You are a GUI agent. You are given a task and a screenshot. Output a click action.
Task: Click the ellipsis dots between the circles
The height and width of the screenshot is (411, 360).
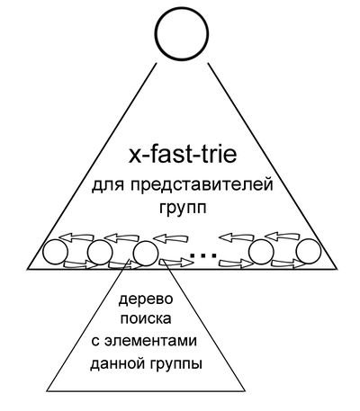pyautogui.click(x=203, y=255)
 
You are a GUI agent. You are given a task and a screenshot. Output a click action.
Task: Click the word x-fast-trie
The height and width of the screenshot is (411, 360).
pyautogui.click(x=183, y=156)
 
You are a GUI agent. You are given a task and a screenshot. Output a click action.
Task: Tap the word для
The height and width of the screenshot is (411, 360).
pyautogui.click(x=107, y=185)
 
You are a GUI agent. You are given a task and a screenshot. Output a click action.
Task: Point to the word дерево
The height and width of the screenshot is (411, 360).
pyautogui.click(x=146, y=299)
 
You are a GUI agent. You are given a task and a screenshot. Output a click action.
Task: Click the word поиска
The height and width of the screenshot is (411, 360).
pyautogui.click(x=146, y=319)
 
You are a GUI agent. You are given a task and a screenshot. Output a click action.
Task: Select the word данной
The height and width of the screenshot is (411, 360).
pyautogui.click(x=116, y=364)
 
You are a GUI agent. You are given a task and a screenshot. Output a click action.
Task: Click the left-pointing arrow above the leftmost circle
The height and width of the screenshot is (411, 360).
pyautogui.click(x=76, y=237)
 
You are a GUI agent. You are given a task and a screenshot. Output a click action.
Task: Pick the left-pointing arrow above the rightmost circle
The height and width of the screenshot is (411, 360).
pyautogui.click(x=282, y=236)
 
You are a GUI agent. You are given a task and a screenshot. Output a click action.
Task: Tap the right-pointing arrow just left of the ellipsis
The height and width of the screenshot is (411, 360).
pyautogui.click(x=176, y=263)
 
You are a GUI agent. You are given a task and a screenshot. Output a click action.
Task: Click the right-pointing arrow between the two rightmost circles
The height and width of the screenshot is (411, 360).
pyautogui.click(x=289, y=264)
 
